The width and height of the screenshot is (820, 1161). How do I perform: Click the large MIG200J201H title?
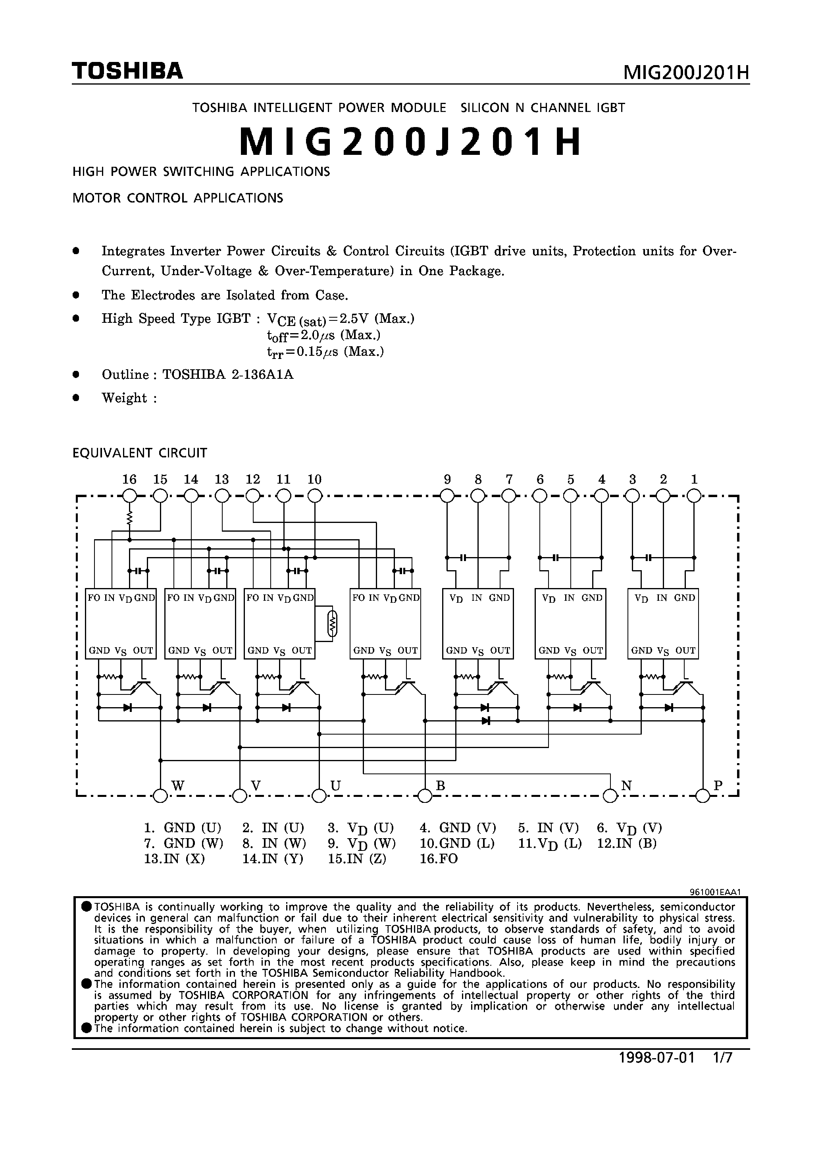click(x=410, y=142)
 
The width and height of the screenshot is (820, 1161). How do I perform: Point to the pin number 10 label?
click(x=314, y=479)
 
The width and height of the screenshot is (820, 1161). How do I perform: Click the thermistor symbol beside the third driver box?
click(x=332, y=623)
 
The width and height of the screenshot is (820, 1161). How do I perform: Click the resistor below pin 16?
click(x=130, y=518)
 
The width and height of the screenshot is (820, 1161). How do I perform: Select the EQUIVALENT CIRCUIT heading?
click(x=140, y=453)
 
